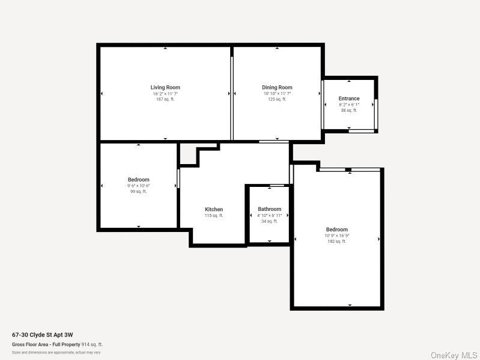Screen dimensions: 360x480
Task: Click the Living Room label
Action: (x=165, y=88)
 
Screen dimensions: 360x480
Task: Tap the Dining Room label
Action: (x=277, y=88)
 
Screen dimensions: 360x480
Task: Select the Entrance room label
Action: (x=349, y=99)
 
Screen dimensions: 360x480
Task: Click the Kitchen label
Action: (x=214, y=210)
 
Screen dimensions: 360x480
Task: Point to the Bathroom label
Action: (x=269, y=209)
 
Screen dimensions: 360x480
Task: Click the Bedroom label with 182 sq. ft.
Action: (x=337, y=230)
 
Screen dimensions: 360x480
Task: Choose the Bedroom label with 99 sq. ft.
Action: (x=138, y=180)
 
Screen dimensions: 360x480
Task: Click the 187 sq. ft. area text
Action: (x=165, y=99)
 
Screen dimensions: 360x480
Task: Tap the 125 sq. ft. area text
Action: (x=277, y=99)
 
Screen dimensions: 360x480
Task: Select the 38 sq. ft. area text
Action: (x=349, y=110)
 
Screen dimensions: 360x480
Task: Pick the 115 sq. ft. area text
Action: (x=214, y=216)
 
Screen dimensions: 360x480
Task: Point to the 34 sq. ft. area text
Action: (x=269, y=221)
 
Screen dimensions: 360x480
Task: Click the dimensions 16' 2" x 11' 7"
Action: (x=165, y=94)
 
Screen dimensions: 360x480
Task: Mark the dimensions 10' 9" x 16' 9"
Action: (x=337, y=236)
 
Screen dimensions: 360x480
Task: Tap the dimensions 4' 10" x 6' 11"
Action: (x=269, y=215)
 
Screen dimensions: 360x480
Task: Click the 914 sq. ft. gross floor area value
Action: (x=93, y=344)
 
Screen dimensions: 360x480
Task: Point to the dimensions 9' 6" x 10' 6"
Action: (x=138, y=186)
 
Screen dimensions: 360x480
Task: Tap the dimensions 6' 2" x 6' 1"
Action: (x=349, y=105)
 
